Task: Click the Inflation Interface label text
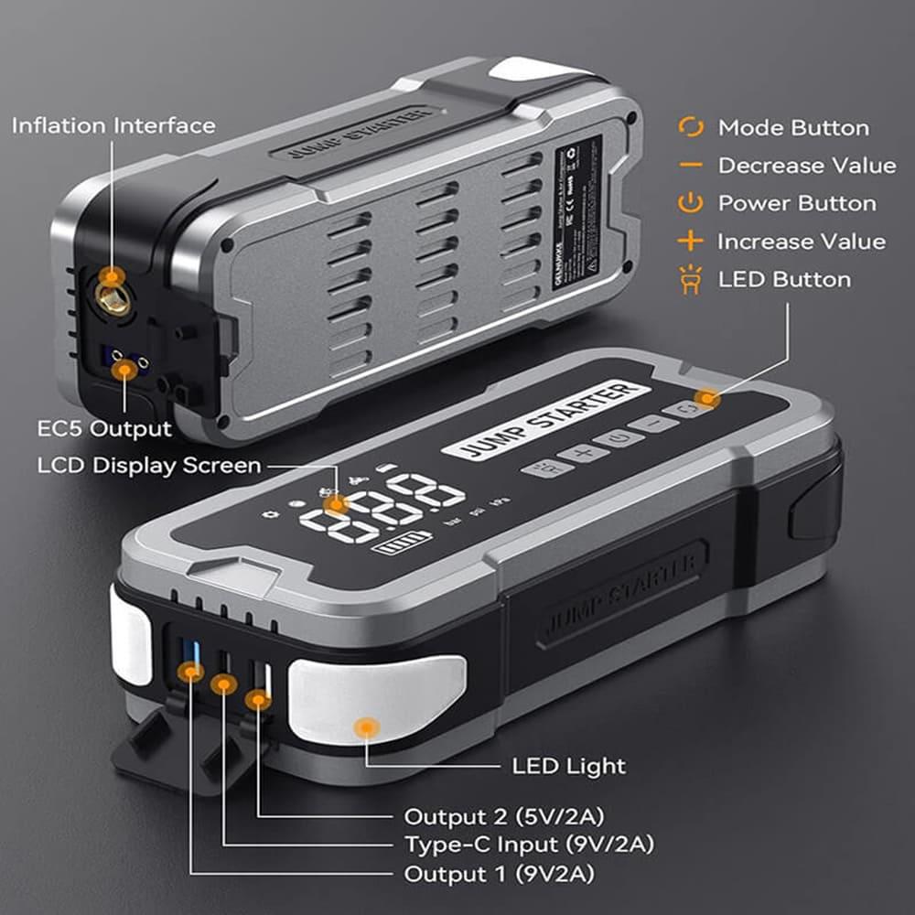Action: coord(113,125)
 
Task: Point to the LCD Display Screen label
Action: coord(149,466)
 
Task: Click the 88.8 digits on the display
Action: coord(384,509)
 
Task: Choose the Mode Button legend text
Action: coord(792,128)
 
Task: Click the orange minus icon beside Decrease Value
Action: coord(691,166)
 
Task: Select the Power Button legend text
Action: coord(796,203)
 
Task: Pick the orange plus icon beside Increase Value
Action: coord(691,242)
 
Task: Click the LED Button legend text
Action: coord(783,279)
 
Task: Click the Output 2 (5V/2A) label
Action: coord(503,815)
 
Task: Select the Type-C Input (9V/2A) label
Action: coord(529,844)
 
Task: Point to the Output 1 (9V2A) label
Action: coord(499,874)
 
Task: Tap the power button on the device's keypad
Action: coord(619,438)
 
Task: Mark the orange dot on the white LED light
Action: coord(367,727)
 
